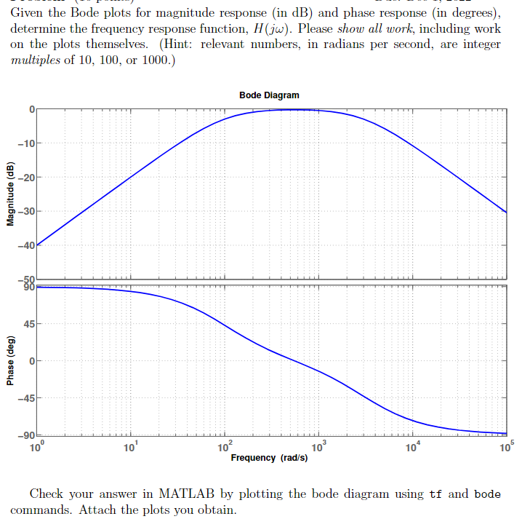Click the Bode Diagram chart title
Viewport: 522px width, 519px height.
(x=268, y=95)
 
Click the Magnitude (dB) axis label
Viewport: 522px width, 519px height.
(x=10, y=196)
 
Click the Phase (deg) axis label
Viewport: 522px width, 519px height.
(x=10, y=362)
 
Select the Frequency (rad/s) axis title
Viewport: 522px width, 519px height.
(x=269, y=458)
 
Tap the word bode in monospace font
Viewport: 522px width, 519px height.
(x=486, y=494)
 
